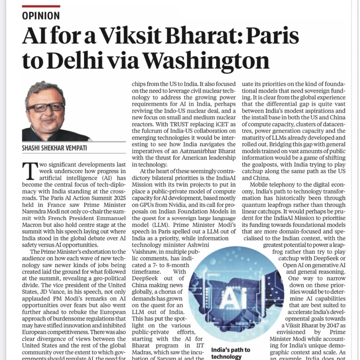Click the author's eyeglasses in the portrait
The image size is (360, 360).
pyautogui.click(x=45, y=107)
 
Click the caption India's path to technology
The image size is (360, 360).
pyautogui.click(x=231, y=353)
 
